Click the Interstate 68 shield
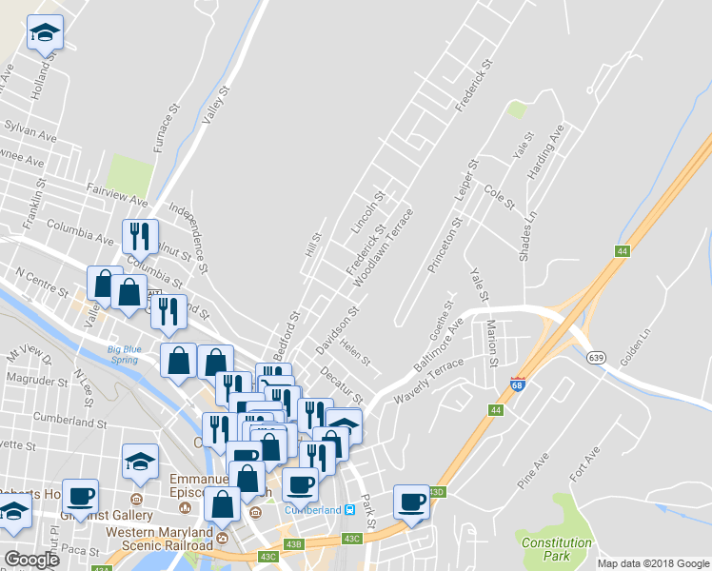pyautogui.click(x=517, y=383)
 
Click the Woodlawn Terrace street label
pyautogui.click(x=383, y=248)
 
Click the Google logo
pyautogui.click(x=31, y=560)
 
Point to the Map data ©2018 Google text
pyautogui.click(x=652, y=563)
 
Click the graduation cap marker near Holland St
pyautogui.click(x=44, y=33)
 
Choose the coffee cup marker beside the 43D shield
pyautogui.click(x=412, y=502)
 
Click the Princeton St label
pyautogui.click(x=445, y=246)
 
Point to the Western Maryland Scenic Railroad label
pyautogui.click(x=159, y=538)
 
